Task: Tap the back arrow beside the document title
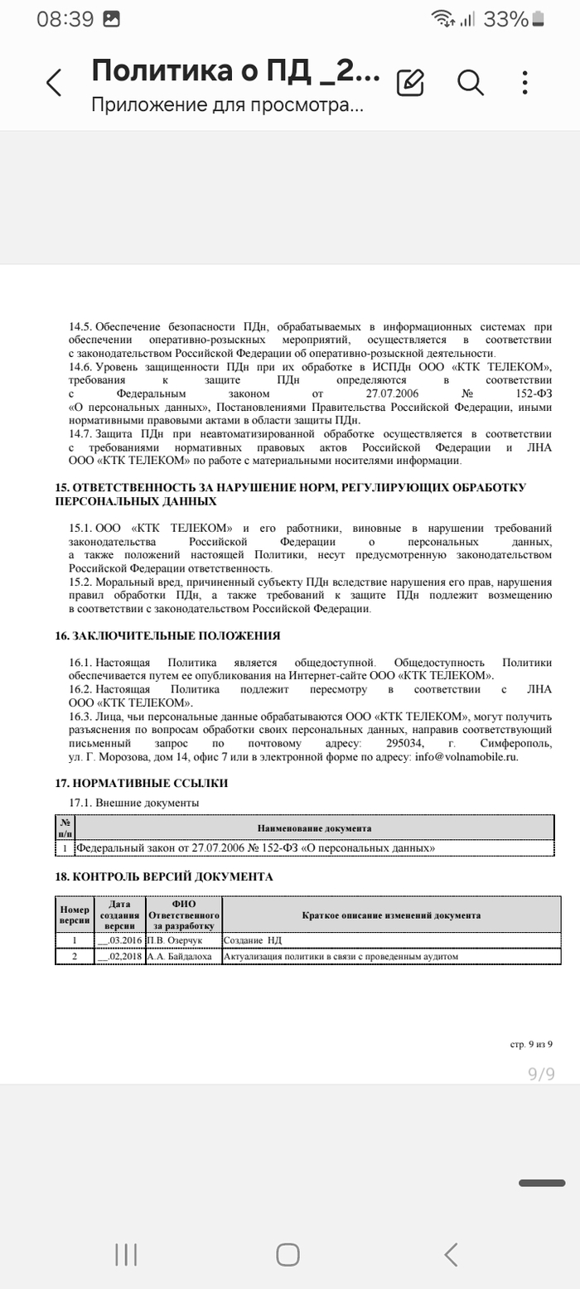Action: (54, 82)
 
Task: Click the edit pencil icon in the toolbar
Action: (410, 82)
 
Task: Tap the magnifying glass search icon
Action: (470, 82)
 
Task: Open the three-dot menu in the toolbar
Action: (525, 82)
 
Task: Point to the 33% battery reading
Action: (505, 19)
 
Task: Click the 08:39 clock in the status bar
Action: (65, 19)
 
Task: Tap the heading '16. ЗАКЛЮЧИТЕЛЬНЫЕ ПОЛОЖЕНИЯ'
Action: (167, 636)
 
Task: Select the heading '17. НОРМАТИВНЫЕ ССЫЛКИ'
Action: (142, 783)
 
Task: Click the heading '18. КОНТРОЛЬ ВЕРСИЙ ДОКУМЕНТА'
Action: (164, 876)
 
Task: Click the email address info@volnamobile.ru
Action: (466, 756)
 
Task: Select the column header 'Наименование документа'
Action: (314, 828)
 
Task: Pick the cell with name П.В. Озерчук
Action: (173, 941)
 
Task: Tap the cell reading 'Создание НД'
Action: (253, 941)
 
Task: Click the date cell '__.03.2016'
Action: (120, 941)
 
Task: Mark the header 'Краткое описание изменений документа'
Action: (391, 915)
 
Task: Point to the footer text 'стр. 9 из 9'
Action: (531, 1045)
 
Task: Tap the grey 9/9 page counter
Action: (541, 1074)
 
